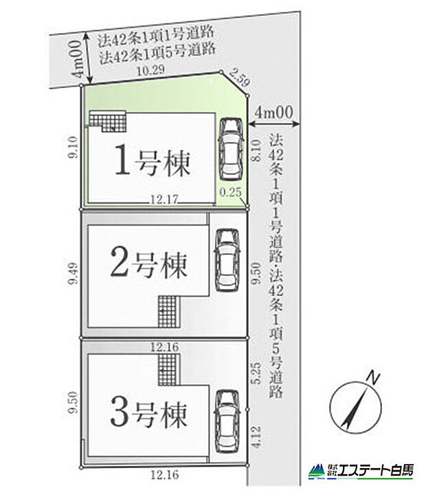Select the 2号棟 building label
tap(148, 264)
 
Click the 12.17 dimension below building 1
tap(166, 199)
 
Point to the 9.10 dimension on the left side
tap(72, 147)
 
